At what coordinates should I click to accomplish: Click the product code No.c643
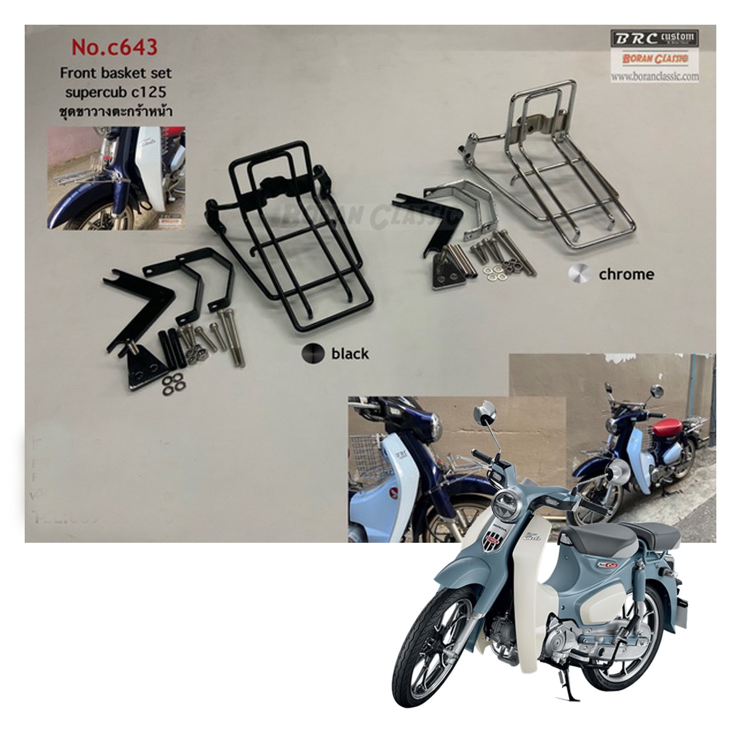click(115, 47)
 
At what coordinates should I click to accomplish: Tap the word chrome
click(626, 274)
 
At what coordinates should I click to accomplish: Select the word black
click(350, 353)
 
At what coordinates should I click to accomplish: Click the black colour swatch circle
click(312, 353)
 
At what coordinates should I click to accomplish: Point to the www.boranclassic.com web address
click(655, 77)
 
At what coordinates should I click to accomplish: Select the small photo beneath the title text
click(116, 177)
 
